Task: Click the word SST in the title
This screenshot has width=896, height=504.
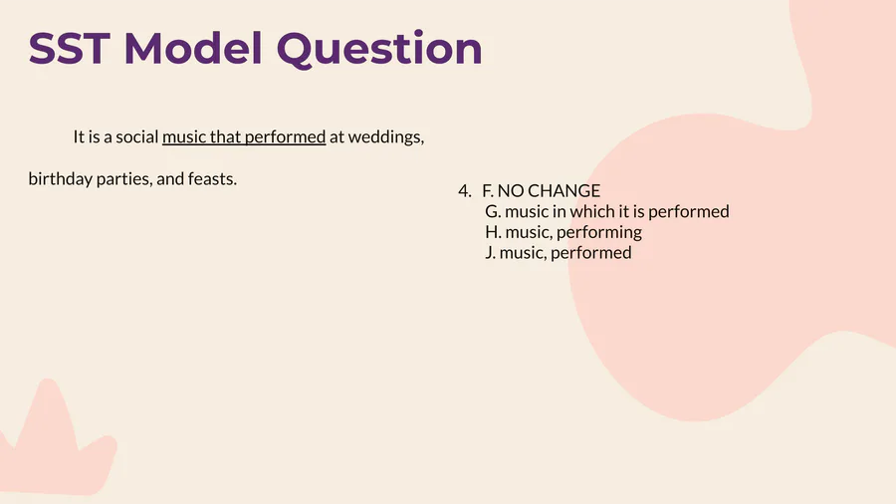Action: (x=69, y=48)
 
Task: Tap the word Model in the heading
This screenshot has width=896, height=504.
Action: (x=193, y=48)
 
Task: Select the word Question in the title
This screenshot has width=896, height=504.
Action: (x=379, y=49)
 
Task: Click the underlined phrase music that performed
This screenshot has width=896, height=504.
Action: (x=244, y=137)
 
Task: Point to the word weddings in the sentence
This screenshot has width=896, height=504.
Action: (x=385, y=137)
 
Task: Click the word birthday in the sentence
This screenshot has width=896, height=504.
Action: (x=60, y=179)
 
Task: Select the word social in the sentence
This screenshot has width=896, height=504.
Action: (x=137, y=137)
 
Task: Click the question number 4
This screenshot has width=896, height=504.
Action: (x=465, y=191)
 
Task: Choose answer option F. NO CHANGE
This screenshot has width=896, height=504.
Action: (x=542, y=191)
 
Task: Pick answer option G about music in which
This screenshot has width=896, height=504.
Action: (x=607, y=212)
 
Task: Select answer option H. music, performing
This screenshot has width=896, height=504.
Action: (x=563, y=232)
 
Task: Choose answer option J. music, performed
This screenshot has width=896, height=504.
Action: (x=559, y=253)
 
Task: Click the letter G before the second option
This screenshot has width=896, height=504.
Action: (x=493, y=212)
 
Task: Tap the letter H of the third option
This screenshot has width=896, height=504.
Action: (x=493, y=232)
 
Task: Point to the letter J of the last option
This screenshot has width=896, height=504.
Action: (x=490, y=253)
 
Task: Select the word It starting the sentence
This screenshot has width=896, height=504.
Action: (x=79, y=137)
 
